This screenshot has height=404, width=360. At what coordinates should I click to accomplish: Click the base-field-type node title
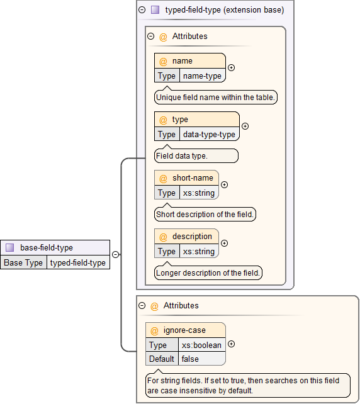click(47, 247)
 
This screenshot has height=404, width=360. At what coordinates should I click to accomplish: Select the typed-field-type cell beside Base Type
click(78, 262)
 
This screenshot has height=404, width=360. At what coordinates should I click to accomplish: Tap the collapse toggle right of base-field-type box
click(116, 255)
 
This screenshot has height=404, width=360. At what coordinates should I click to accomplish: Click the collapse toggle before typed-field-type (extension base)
click(142, 10)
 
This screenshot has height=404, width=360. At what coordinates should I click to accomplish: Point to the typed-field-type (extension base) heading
click(224, 10)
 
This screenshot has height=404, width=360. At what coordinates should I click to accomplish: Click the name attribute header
click(189, 61)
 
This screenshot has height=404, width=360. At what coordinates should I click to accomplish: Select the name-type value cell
click(202, 76)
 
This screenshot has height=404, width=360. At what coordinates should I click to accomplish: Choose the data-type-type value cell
click(209, 134)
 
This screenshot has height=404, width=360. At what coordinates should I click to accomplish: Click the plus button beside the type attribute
click(245, 126)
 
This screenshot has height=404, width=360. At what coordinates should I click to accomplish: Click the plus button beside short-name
click(225, 185)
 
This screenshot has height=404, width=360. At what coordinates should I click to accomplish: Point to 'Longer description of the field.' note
click(208, 273)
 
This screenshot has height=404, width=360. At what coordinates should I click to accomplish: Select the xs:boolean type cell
click(201, 345)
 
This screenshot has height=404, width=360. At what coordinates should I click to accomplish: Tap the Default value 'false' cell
click(201, 359)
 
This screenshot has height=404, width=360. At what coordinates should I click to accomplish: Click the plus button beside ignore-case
click(231, 344)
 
